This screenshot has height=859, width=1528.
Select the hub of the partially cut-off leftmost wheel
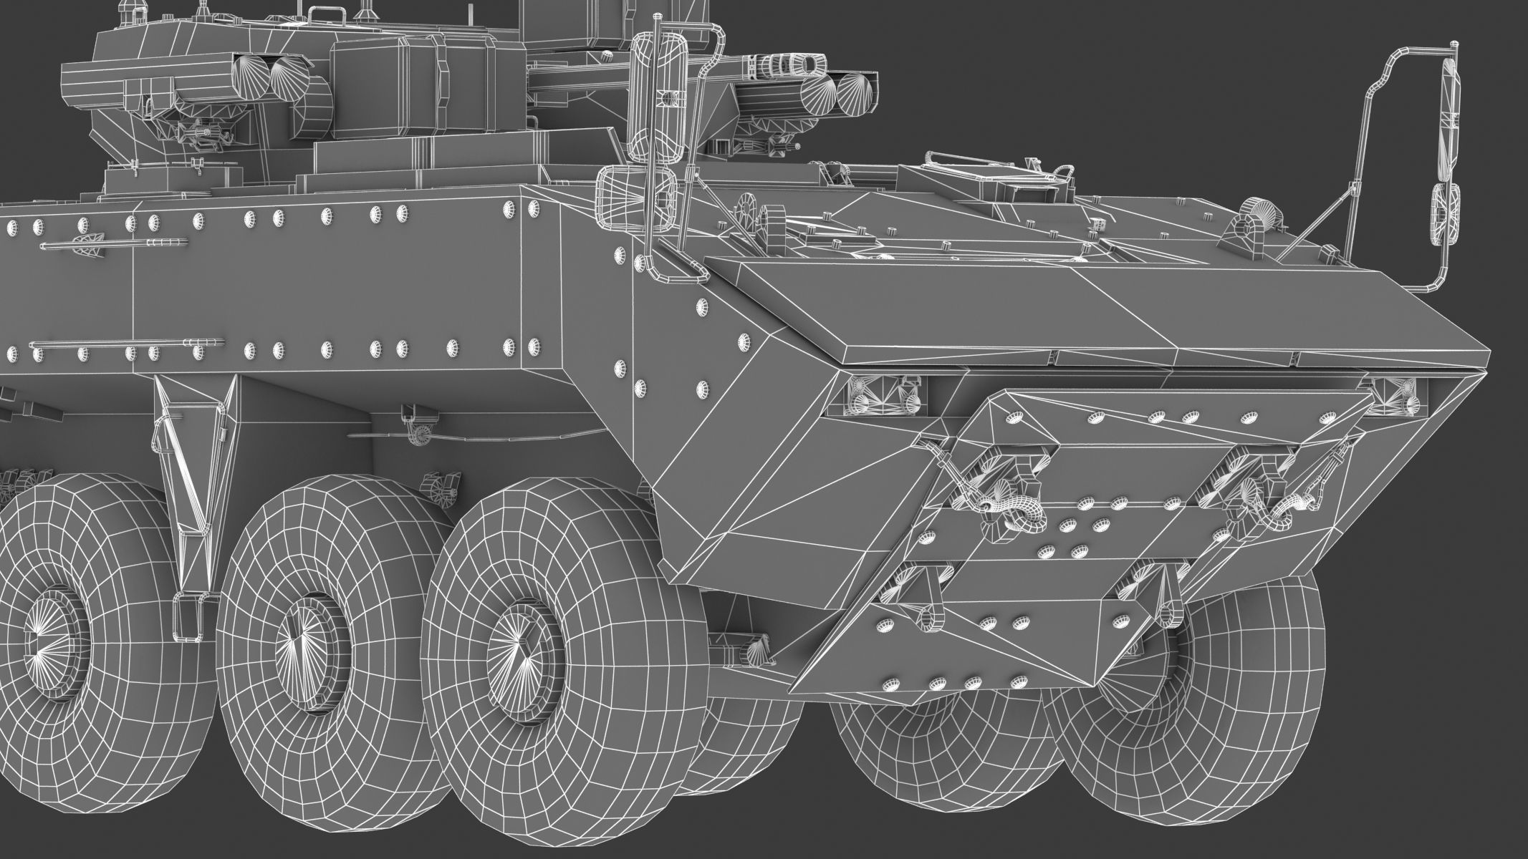(x=50, y=629)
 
